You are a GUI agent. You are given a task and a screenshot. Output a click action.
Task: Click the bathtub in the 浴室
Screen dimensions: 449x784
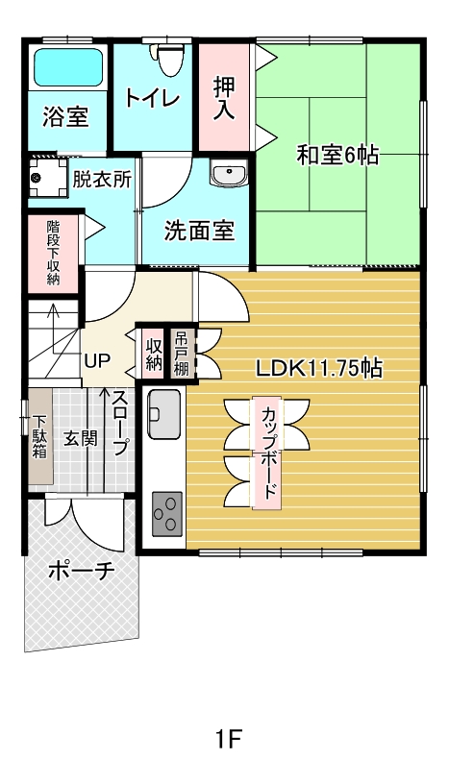[68, 68]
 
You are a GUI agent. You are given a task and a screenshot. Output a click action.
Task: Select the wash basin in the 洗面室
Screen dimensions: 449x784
[229, 173]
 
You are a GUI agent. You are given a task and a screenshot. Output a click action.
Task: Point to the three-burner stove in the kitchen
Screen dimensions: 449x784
[167, 513]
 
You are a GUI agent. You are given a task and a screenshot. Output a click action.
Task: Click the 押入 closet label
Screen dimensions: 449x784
[224, 98]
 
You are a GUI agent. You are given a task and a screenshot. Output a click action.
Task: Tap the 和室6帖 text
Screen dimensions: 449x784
[337, 156]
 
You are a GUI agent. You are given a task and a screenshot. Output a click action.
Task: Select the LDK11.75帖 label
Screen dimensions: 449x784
[319, 369]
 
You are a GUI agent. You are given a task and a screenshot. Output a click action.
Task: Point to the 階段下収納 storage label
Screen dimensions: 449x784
[53, 253]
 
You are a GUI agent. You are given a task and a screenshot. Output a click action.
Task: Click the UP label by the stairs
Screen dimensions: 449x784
[97, 360]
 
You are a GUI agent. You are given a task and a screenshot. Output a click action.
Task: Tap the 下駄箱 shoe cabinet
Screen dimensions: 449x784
[40, 436]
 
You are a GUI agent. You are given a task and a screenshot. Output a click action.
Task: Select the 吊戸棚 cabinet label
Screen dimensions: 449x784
[181, 355]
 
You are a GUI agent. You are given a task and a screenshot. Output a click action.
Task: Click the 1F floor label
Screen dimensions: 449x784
[228, 739]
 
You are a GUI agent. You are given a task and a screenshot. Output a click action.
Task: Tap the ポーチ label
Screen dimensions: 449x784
[82, 571]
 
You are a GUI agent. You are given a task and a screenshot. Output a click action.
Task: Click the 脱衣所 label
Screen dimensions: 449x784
[102, 179]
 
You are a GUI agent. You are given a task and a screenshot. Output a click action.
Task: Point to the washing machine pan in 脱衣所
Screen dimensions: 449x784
[47, 178]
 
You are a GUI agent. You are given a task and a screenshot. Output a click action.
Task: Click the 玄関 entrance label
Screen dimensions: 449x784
[80, 438]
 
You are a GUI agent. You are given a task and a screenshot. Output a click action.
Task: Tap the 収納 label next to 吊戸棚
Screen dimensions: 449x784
[154, 355]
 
